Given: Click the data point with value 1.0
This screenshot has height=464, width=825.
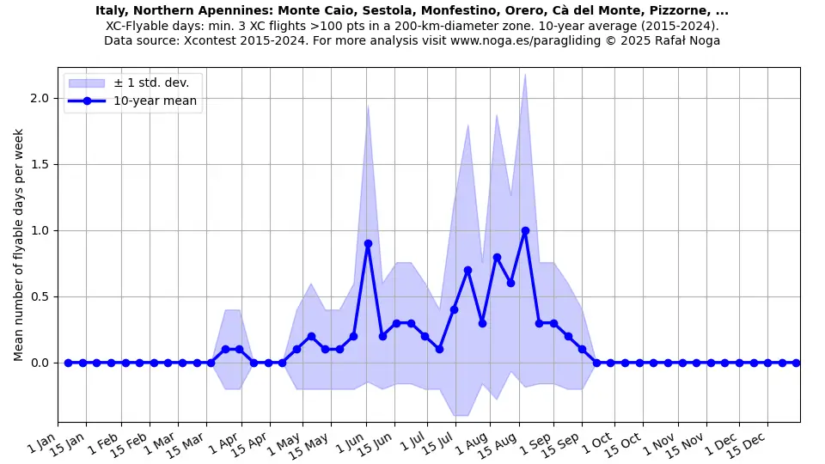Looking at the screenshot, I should pos(525,230).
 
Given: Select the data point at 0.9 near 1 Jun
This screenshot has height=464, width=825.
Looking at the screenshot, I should pos(368,243).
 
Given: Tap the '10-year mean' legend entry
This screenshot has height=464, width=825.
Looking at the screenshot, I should pos(155,101).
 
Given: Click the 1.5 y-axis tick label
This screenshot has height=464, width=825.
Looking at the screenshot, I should pos(40,164).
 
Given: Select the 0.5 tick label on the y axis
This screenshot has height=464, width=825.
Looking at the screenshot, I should pos(40,296).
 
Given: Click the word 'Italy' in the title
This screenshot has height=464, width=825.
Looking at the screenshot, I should pos(111,11).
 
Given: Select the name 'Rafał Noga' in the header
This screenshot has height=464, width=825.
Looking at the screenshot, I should pos(687,40).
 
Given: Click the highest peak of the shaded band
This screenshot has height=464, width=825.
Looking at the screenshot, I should pos(525,74).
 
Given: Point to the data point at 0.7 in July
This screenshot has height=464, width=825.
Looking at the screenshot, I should pos(467,270).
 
